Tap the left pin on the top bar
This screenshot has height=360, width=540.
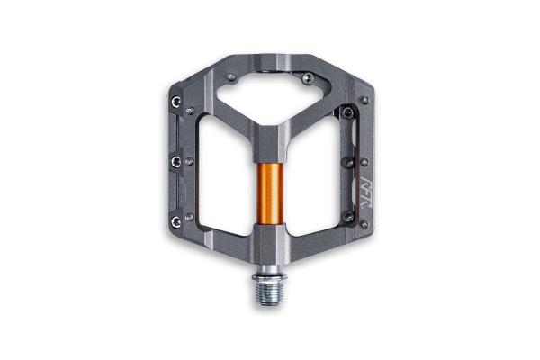tap(232, 78)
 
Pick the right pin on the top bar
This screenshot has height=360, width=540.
tap(308, 78)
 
